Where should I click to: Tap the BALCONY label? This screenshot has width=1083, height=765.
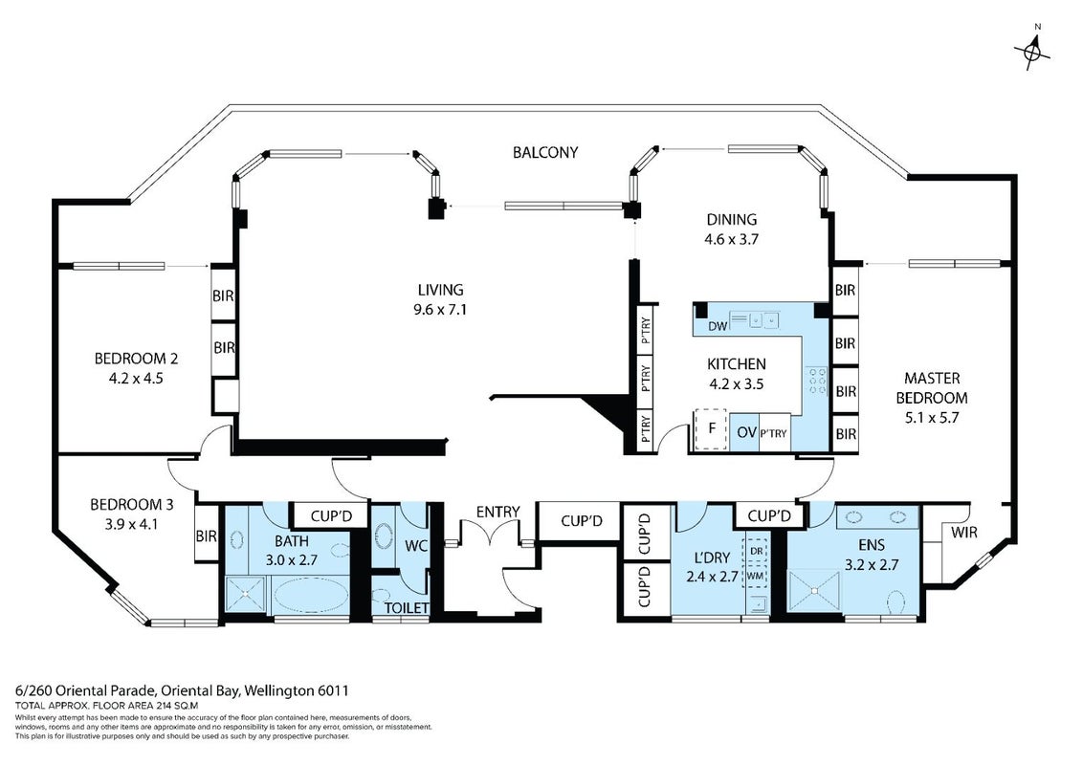pyautogui.click(x=545, y=153)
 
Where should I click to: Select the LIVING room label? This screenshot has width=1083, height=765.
pyautogui.click(x=440, y=290)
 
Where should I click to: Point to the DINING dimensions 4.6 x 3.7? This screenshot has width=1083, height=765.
pyautogui.click(x=732, y=240)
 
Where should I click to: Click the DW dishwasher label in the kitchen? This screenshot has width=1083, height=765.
pyautogui.click(x=718, y=325)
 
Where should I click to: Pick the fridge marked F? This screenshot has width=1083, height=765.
pyautogui.click(x=712, y=428)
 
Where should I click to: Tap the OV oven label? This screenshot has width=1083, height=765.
pyautogui.click(x=746, y=432)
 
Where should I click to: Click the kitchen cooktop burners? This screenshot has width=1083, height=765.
pyautogui.click(x=817, y=381)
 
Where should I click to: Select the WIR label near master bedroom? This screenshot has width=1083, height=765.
pyautogui.click(x=963, y=533)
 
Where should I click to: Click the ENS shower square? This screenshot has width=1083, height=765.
pyautogui.click(x=814, y=590)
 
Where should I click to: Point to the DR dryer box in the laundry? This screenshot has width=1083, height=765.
pyautogui.click(x=756, y=551)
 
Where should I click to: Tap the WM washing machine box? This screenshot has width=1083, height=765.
pyautogui.click(x=756, y=575)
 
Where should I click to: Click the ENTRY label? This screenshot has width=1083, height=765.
pyautogui.click(x=497, y=512)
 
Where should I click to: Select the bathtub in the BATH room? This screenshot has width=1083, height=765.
pyautogui.click(x=311, y=595)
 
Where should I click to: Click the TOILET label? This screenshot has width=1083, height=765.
pyautogui.click(x=406, y=608)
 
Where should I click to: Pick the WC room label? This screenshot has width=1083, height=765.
pyautogui.click(x=416, y=546)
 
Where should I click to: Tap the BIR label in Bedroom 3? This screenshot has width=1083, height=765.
pyautogui.click(x=206, y=535)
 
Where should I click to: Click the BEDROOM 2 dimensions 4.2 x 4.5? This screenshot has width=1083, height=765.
pyautogui.click(x=136, y=379)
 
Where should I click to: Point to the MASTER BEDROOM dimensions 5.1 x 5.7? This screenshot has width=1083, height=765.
pyautogui.click(x=932, y=418)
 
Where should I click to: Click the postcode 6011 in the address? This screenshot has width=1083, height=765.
pyautogui.click(x=333, y=690)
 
